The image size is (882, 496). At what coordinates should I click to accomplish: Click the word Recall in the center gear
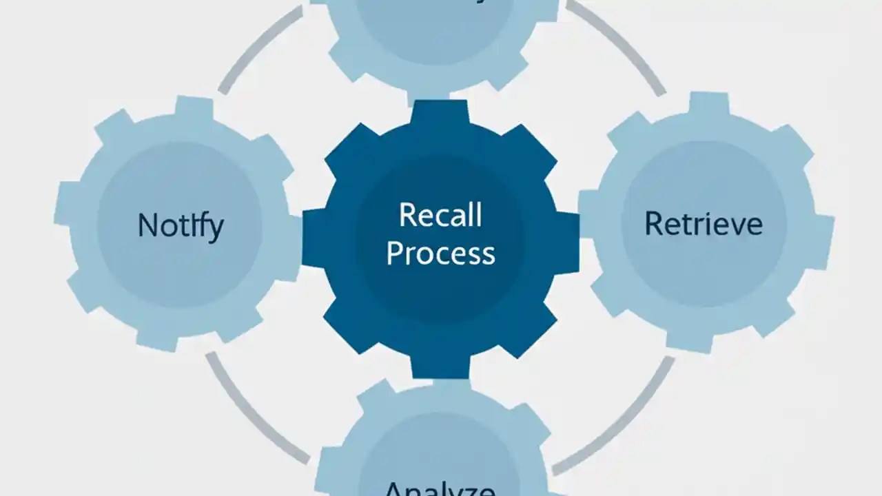(440, 215)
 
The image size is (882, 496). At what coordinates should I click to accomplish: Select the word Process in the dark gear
(440, 253)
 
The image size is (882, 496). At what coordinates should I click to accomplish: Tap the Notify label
(180, 225)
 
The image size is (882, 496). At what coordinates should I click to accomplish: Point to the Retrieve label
(704, 224)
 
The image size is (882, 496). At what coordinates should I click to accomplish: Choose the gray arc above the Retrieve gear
(620, 45)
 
